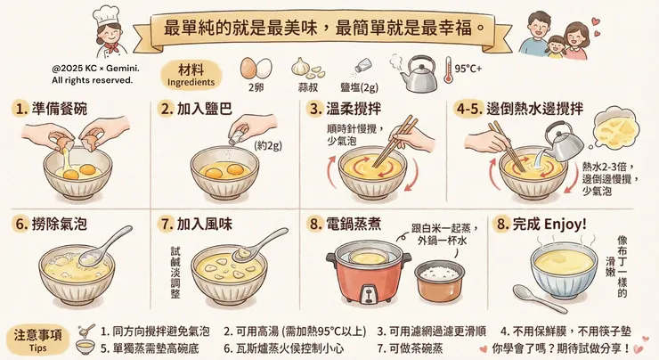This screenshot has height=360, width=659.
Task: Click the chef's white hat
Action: coord(105,16)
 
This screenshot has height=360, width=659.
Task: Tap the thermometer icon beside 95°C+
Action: coord(449,70)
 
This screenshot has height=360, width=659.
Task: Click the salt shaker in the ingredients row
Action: coord(362,66)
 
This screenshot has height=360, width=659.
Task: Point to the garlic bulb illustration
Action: coord(300,67)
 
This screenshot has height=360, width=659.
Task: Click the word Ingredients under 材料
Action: coord(191,83)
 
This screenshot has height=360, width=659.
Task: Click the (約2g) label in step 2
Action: coord(268,145)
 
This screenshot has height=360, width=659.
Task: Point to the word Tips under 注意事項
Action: coord(37,348)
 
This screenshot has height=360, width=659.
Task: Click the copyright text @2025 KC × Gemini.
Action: coord(95,68)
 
